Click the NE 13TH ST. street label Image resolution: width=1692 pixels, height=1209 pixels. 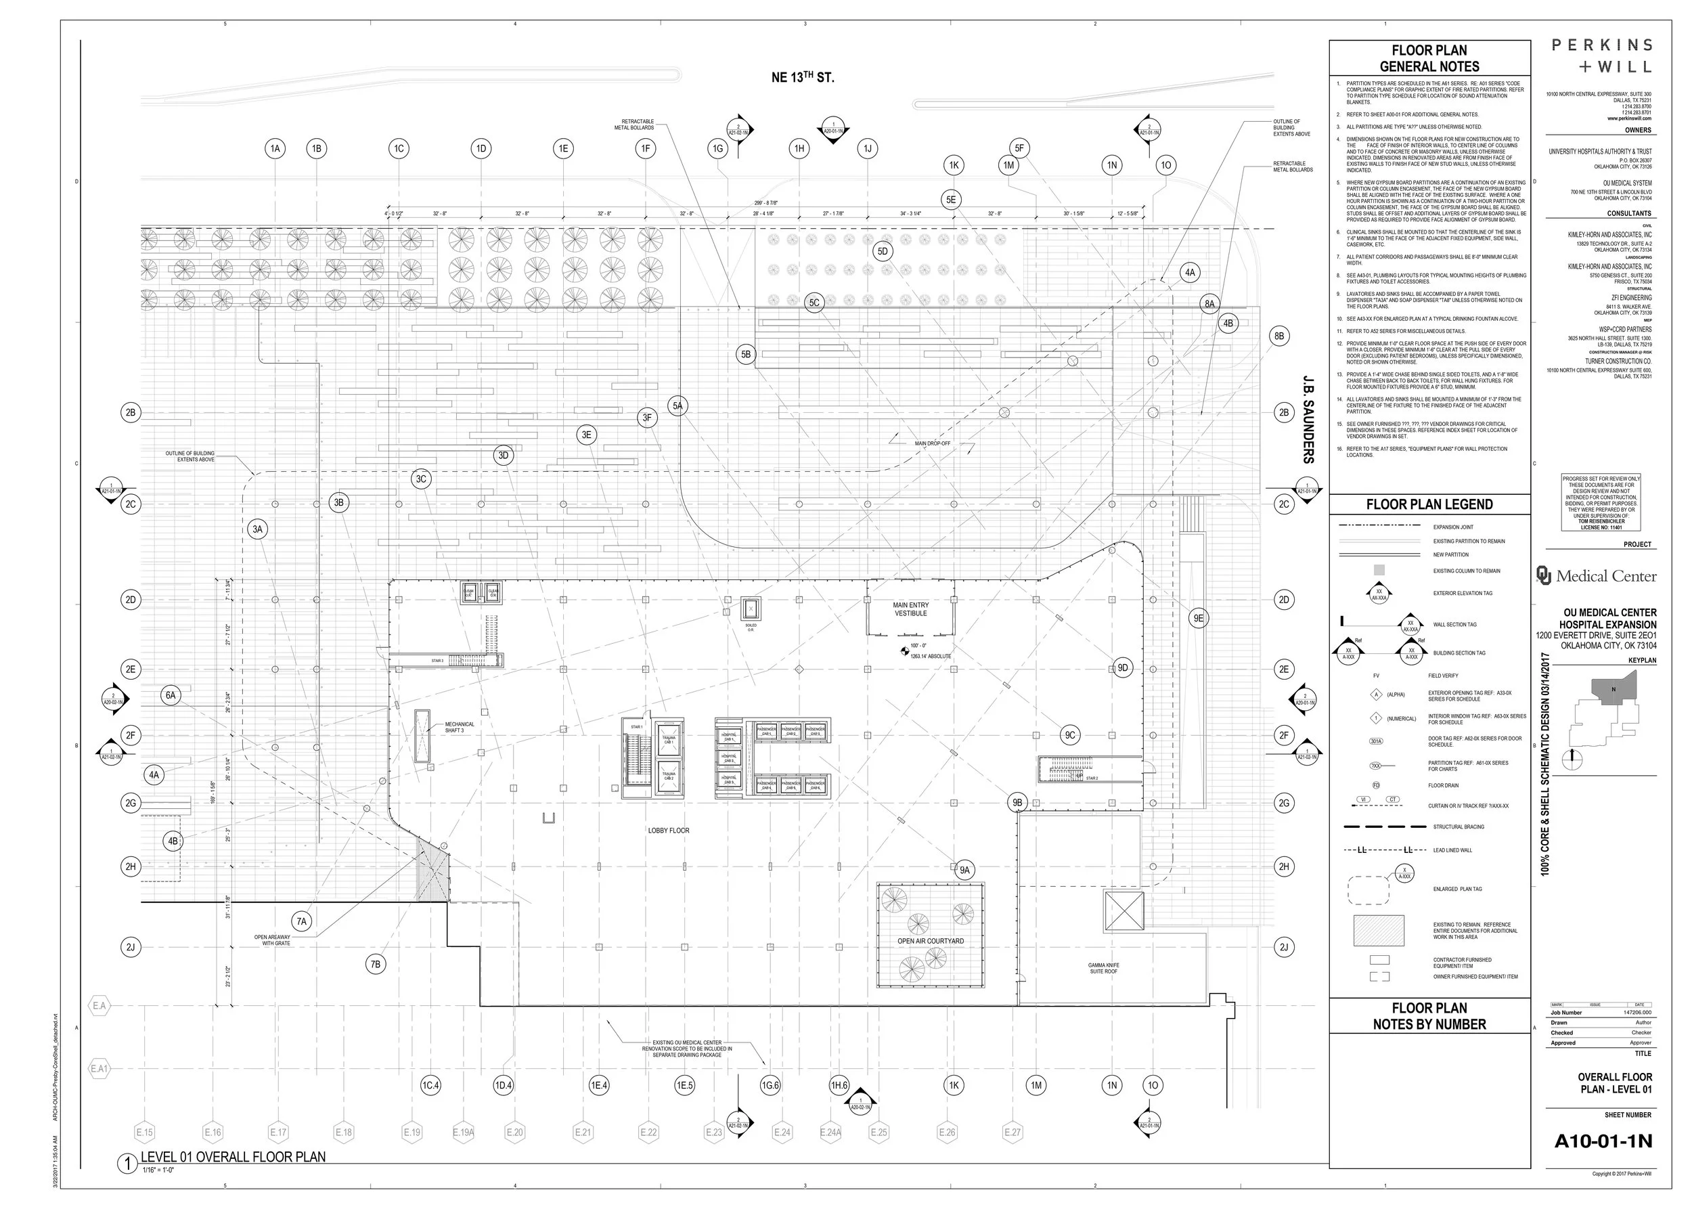coord(803,77)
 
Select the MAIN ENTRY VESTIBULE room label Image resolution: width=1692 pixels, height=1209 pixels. coord(910,609)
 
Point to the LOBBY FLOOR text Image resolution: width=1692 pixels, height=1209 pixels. coord(669,830)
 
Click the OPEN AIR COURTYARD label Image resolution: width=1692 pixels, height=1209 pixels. coord(931,941)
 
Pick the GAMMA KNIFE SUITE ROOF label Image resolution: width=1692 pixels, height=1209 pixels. coord(1103,969)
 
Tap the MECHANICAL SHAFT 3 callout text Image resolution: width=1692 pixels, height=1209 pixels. coord(460,727)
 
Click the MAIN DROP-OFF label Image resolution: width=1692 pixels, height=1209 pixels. coord(932,443)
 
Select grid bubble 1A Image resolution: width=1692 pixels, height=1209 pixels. coord(275,149)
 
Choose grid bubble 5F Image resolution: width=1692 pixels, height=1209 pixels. coord(1019,148)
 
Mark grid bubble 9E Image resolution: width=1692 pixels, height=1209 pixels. coord(1198,618)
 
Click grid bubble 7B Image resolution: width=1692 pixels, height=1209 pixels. coord(376,964)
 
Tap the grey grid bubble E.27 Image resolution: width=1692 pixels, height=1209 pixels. coord(1012,1133)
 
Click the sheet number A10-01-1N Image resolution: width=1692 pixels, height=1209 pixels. coord(1603,1141)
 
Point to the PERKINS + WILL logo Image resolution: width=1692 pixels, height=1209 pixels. coord(1601,56)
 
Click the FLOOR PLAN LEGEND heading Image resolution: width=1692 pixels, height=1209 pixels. coord(1429,505)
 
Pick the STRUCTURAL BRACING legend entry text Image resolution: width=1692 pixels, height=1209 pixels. coord(1459,827)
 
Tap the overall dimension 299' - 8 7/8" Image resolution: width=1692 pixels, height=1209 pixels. coord(765,203)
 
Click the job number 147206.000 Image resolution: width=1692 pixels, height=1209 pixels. coord(1637,1013)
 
